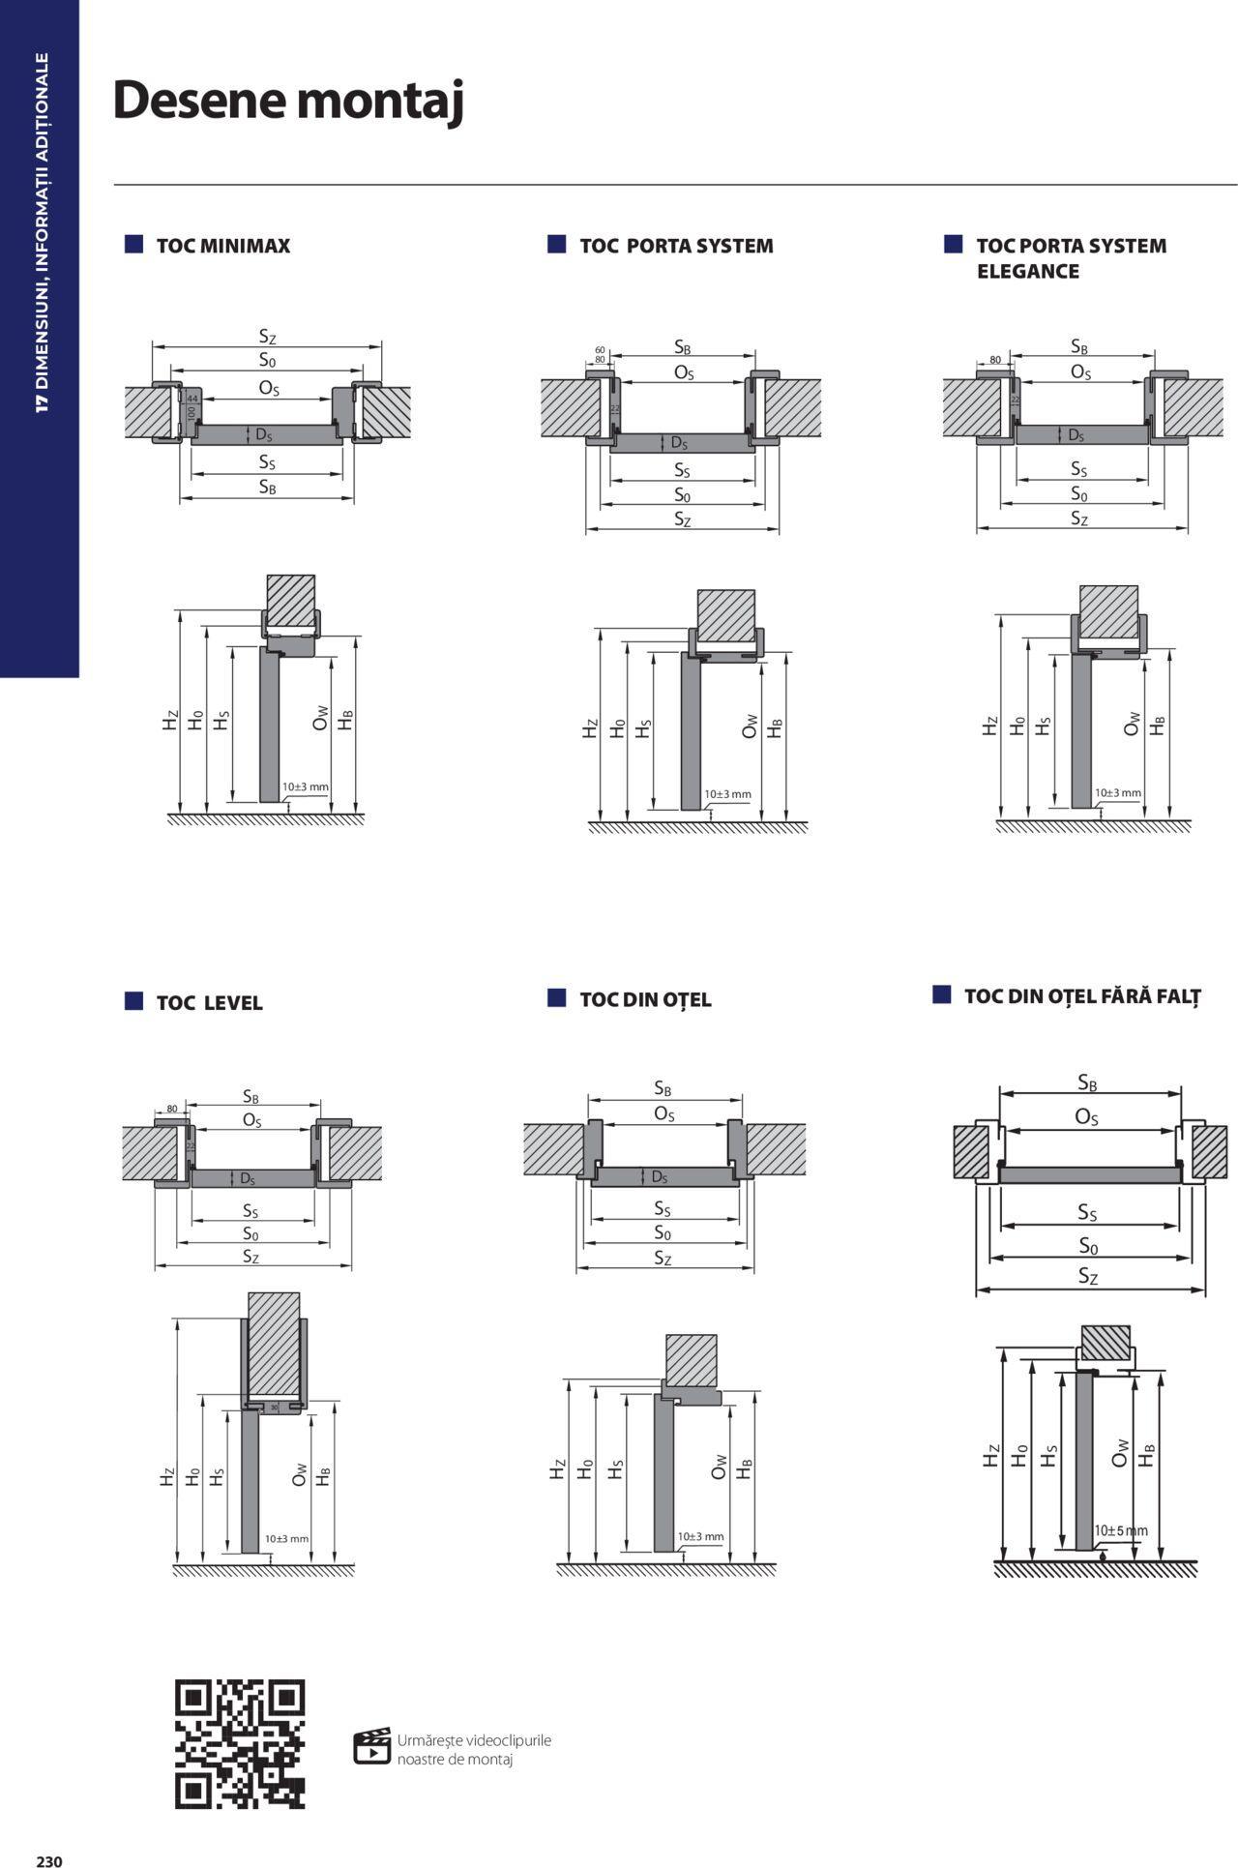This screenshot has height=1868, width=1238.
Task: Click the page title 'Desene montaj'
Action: (x=288, y=101)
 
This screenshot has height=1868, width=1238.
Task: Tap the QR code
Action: (x=240, y=1744)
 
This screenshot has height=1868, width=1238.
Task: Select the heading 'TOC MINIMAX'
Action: (x=222, y=246)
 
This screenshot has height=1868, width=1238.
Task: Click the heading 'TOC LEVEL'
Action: (x=209, y=1002)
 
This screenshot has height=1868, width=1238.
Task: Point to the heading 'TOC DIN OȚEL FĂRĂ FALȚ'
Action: (x=1082, y=995)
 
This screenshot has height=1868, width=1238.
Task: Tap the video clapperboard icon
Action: (x=371, y=1746)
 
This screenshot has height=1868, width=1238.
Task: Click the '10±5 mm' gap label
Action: (x=1121, y=1530)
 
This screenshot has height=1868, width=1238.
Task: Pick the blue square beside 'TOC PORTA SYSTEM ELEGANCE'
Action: (x=954, y=244)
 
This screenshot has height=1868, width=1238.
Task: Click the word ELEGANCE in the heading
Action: (x=1027, y=272)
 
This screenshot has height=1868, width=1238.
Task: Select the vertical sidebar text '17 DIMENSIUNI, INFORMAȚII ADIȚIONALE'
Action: (x=41, y=232)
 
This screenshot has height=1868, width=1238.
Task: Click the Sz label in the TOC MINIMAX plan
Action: (x=267, y=337)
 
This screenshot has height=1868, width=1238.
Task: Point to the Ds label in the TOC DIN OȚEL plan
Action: (x=660, y=1176)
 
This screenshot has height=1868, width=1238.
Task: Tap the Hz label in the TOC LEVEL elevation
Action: (x=167, y=1477)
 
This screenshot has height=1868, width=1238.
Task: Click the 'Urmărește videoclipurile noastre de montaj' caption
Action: (x=474, y=1749)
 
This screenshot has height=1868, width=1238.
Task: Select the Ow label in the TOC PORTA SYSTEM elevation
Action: (x=750, y=726)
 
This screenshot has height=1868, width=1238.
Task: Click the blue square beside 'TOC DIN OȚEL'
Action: (x=556, y=997)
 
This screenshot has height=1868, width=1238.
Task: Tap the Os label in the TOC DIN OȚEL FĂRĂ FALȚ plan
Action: (x=1086, y=1117)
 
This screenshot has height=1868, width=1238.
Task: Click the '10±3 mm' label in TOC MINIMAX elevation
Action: (x=305, y=786)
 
